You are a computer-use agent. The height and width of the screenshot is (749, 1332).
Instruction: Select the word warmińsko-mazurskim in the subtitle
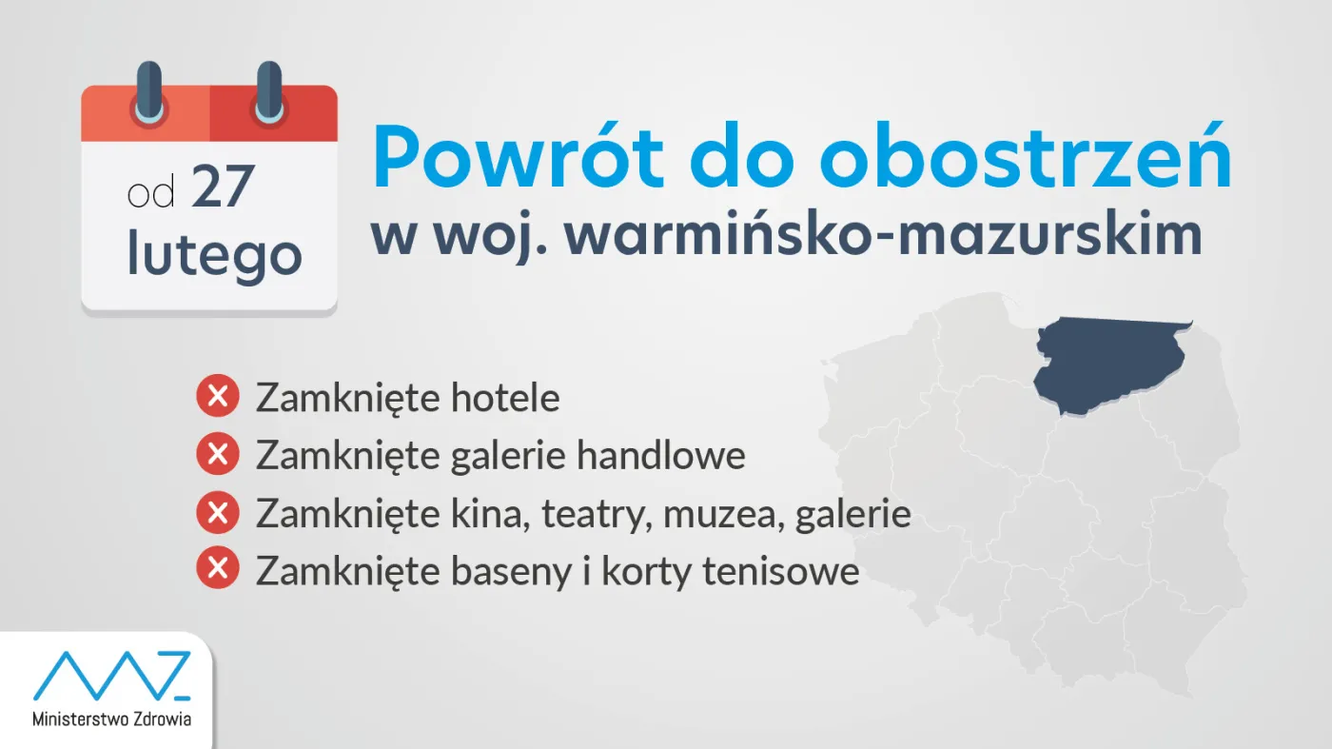pos(883,236)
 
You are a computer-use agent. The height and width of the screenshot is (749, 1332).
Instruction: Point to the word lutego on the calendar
pos(215,255)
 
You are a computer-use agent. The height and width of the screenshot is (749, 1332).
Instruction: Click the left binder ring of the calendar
pos(149,93)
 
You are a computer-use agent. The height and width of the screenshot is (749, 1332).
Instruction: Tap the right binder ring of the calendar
pos(269,93)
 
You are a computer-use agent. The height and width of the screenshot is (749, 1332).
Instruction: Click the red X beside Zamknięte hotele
pos(217,397)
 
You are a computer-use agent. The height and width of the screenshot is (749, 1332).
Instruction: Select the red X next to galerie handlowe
pos(217,455)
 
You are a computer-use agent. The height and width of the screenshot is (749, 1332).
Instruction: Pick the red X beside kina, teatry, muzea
pos(217,514)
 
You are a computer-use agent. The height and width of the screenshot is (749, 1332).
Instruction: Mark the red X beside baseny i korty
pos(217,571)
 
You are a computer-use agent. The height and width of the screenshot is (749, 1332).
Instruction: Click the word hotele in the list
pos(505,398)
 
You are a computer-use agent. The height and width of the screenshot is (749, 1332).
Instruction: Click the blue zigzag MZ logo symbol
pos(112,676)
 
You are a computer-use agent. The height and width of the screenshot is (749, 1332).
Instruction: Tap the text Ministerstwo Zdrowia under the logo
pos(111,719)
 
